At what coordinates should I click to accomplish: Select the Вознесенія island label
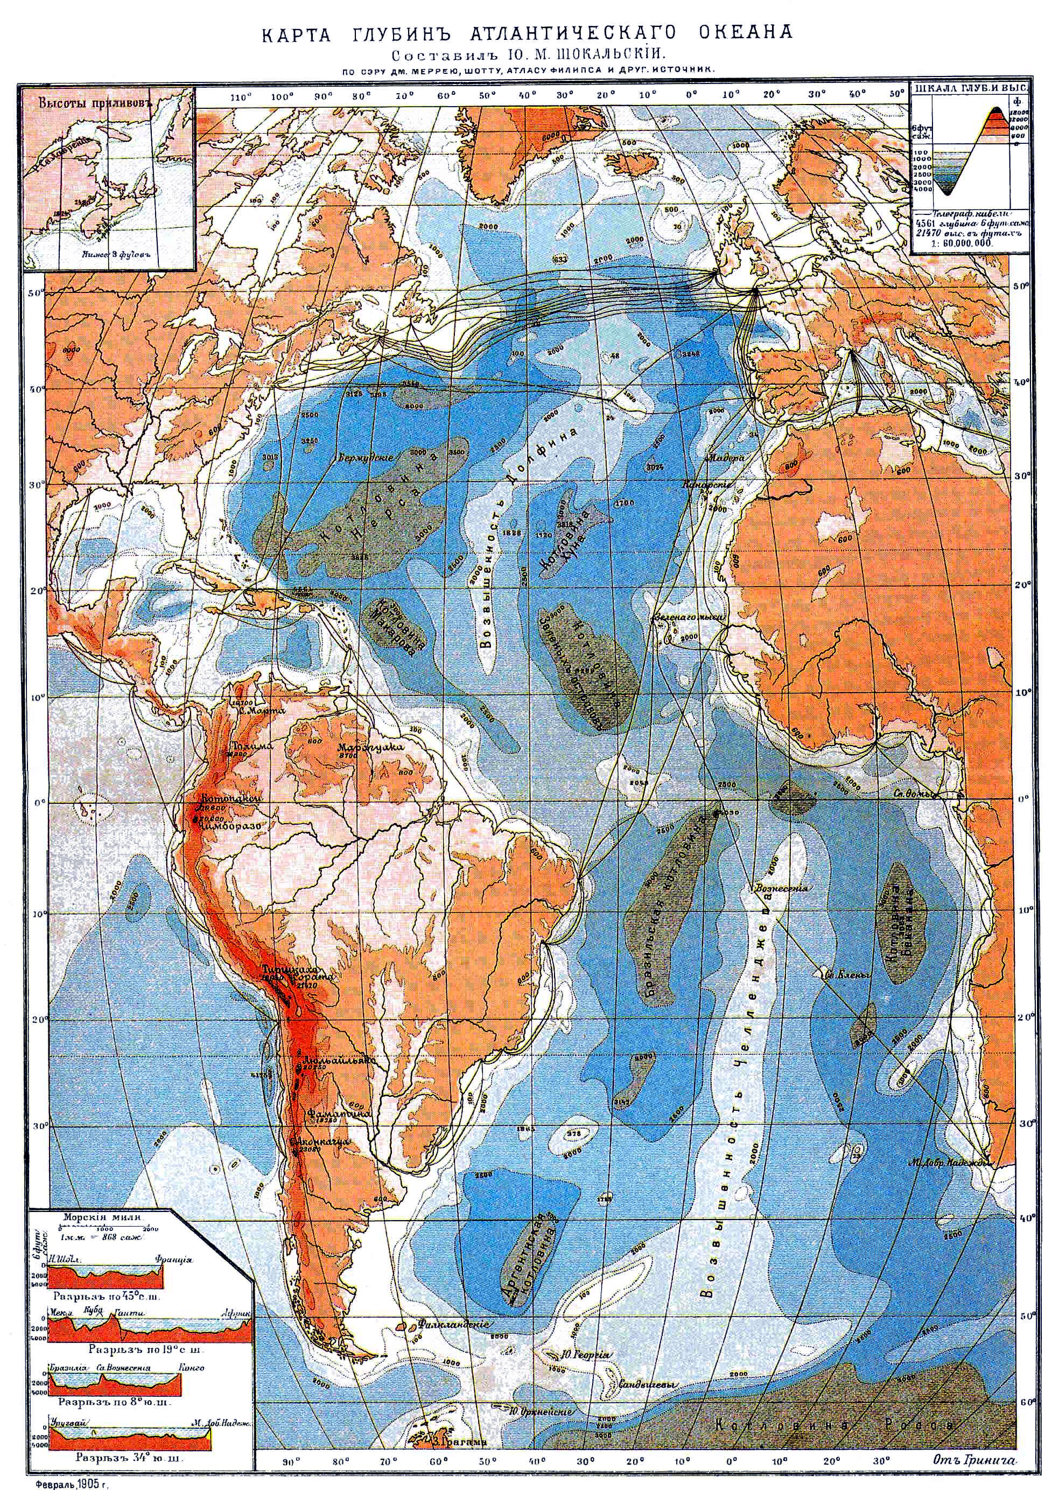pos(782,888)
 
